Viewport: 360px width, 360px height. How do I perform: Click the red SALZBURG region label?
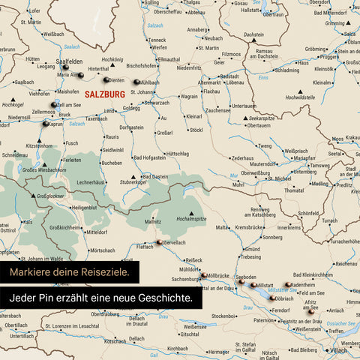(105, 94)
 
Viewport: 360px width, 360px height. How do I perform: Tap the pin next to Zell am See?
(53, 105)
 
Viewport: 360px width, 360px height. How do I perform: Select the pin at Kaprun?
(46, 123)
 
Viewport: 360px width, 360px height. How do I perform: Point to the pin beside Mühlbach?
(136, 82)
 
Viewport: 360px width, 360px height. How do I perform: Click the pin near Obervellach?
(159, 241)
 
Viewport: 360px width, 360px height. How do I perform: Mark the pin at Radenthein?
(287, 285)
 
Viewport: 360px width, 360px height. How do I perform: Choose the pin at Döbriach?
(272, 297)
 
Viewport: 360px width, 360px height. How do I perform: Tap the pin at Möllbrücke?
(203, 276)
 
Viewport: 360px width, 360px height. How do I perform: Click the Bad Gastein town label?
(154, 176)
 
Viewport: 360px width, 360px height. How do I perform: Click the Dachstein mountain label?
(253, 34)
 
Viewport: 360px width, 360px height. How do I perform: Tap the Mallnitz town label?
(153, 222)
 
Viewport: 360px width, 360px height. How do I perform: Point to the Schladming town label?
(286, 70)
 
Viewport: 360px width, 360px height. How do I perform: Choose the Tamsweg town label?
(320, 165)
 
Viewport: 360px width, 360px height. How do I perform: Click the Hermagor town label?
(218, 351)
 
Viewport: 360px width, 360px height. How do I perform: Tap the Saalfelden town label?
(70, 61)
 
